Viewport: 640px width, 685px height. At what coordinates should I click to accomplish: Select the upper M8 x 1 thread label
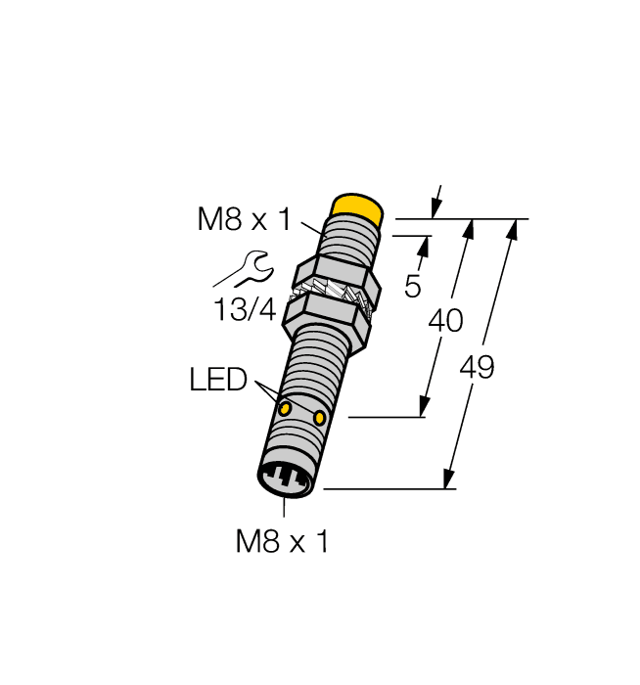click(244, 220)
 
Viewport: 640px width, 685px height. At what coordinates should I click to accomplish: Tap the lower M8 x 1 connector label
click(282, 540)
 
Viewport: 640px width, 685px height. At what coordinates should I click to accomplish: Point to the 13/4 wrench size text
click(245, 310)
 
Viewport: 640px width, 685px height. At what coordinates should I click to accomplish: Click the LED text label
click(218, 380)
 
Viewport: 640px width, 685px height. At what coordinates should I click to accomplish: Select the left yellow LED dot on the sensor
click(285, 407)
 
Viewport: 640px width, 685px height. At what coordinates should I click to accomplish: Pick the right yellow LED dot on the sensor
click(320, 419)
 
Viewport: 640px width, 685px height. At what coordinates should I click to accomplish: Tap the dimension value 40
click(444, 321)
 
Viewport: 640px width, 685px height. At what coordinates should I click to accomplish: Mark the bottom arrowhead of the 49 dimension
click(449, 479)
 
